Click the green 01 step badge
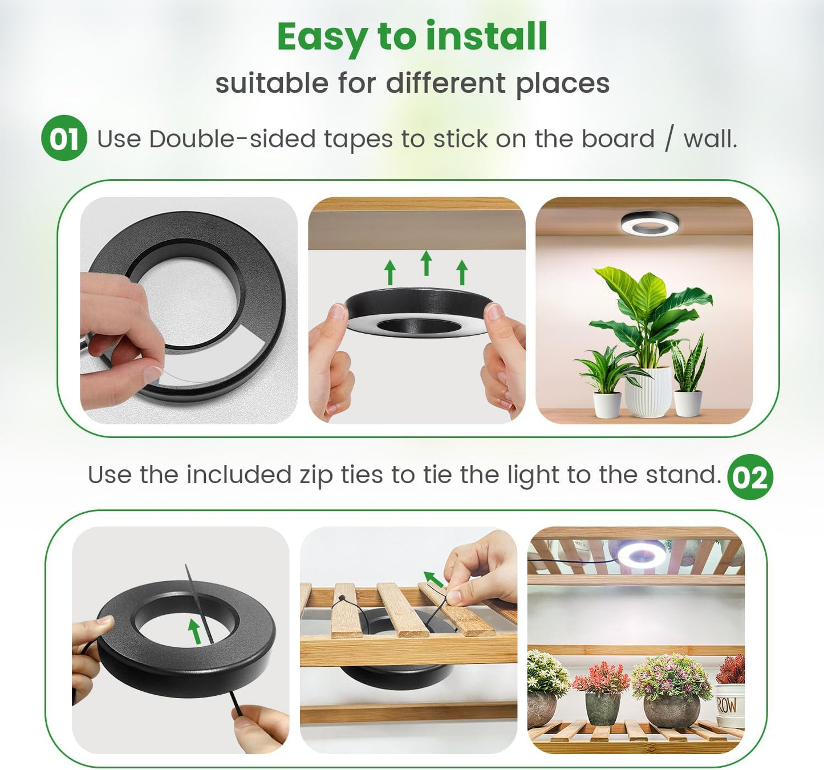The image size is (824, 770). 63,138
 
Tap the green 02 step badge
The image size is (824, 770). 750,477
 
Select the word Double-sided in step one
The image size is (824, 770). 232,139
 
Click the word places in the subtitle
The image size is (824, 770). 562,83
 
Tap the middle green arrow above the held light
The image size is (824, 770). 426,263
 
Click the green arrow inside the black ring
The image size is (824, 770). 195,631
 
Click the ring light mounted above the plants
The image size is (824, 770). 650,222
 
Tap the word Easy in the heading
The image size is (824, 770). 321,38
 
